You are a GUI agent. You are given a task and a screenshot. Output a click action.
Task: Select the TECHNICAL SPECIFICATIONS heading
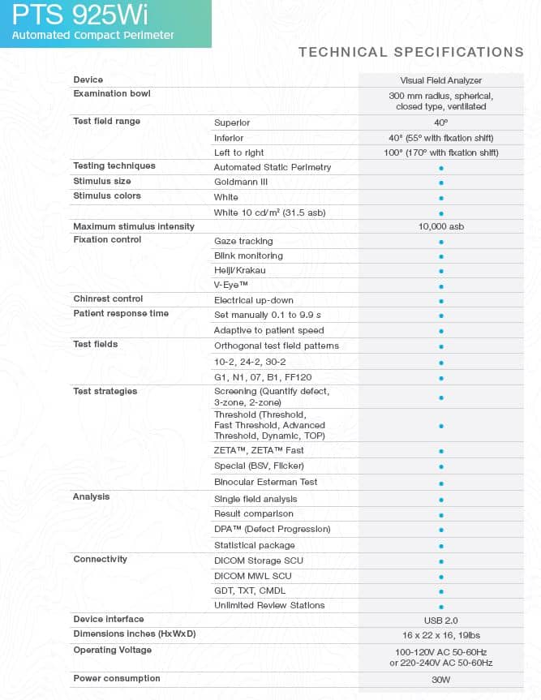pyautogui.click(x=410, y=52)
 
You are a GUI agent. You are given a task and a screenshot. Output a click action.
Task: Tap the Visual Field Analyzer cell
pyautogui.click(x=441, y=80)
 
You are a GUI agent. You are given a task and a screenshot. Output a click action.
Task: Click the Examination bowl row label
pyautogui.click(x=111, y=94)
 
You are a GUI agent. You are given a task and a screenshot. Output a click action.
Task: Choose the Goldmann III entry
pyautogui.click(x=241, y=182)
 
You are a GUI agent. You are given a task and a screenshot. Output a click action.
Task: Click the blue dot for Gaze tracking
pyautogui.click(x=441, y=242)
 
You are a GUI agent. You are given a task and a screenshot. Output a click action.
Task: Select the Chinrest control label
pyautogui.click(x=108, y=299)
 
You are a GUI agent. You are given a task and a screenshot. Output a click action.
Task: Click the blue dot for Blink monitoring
pyautogui.click(x=441, y=256)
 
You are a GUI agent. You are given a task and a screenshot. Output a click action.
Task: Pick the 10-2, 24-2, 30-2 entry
pyautogui.click(x=250, y=362)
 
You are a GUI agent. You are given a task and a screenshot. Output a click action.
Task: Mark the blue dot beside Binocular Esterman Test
pyautogui.click(x=441, y=483)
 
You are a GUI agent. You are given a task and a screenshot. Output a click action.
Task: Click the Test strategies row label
pyautogui.click(x=105, y=392)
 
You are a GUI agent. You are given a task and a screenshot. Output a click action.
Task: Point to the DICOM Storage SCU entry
pyautogui.click(x=259, y=560)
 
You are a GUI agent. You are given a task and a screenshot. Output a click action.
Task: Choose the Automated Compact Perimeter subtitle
pyautogui.click(x=92, y=35)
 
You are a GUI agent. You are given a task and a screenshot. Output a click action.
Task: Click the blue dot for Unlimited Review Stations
pyautogui.click(x=441, y=606)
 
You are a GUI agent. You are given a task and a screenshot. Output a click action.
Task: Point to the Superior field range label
pyautogui.click(x=232, y=122)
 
